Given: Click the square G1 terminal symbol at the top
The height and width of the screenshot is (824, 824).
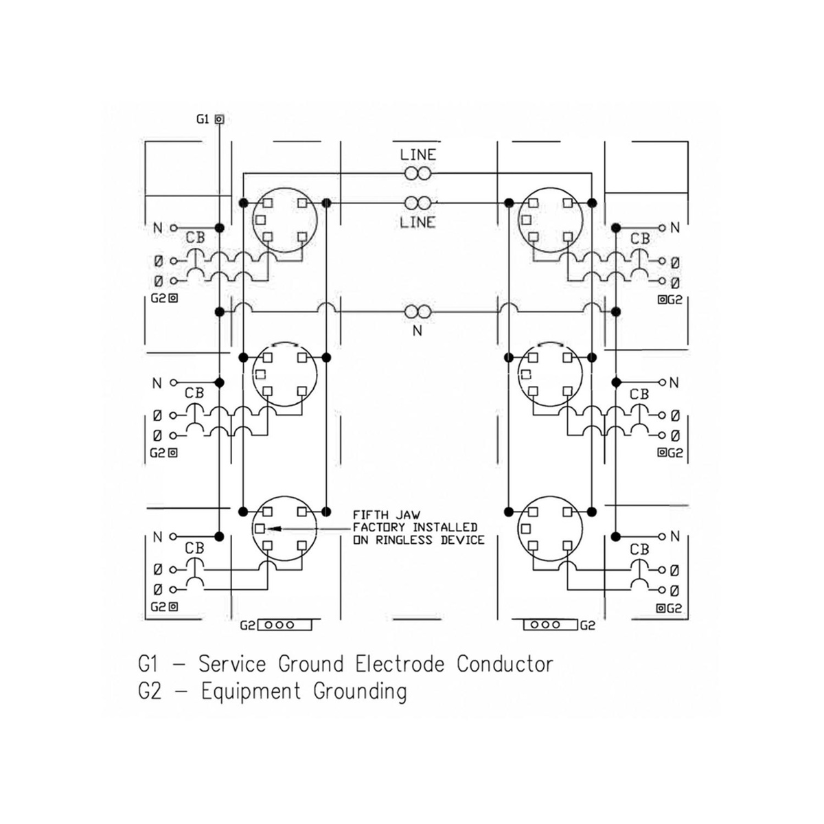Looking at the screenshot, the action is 219,119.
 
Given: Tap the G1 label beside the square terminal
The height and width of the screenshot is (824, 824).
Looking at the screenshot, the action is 203,119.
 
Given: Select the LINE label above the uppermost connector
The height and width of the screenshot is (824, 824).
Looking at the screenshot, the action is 417,154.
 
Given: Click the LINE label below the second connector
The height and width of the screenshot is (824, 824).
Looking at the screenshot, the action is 417,222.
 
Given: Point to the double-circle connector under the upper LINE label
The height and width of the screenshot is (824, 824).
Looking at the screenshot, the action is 417,173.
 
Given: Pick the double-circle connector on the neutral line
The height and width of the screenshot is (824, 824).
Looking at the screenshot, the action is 417,312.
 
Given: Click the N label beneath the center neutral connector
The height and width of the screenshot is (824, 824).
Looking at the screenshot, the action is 417,330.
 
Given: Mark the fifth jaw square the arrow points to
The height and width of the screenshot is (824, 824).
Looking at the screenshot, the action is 260,529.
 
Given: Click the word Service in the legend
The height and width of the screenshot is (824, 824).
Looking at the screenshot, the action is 232,665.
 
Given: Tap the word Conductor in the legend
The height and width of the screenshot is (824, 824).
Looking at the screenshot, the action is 505,665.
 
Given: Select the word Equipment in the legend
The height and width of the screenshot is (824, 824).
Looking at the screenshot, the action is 251,692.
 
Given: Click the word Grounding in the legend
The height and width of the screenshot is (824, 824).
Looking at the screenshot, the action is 360,692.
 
